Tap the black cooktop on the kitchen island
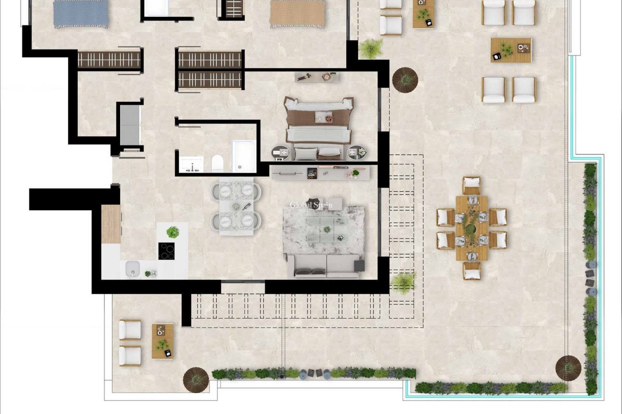click(x=166, y=251)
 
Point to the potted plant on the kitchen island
click(x=173, y=232)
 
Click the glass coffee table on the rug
click(x=327, y=229)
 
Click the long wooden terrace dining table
click(x=472, y=228)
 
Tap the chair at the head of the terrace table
click(x=471, y=185)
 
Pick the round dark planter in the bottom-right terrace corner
click(x=568, y=368)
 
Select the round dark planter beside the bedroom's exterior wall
click(x=405, y=80)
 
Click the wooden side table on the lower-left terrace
click(x=163, y=341)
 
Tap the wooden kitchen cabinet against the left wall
click(x=111, y=224)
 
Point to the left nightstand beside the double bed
click(x=281, y=152)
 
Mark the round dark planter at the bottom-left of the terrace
click(x=196, y=380)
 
